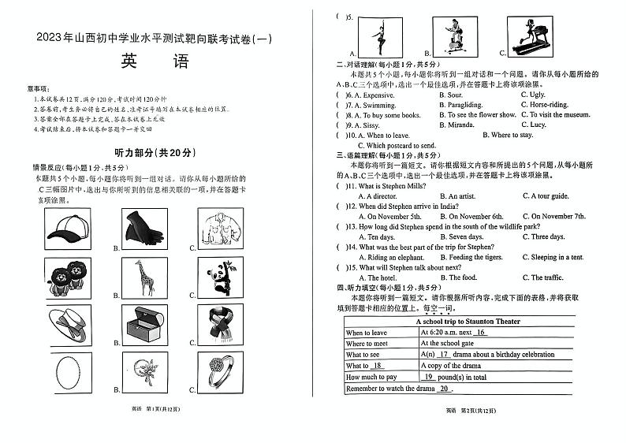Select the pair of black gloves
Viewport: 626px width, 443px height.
click(143, 229)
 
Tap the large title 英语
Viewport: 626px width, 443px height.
click(155, 61)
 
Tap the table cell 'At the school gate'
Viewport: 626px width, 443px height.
click(446, 344)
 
